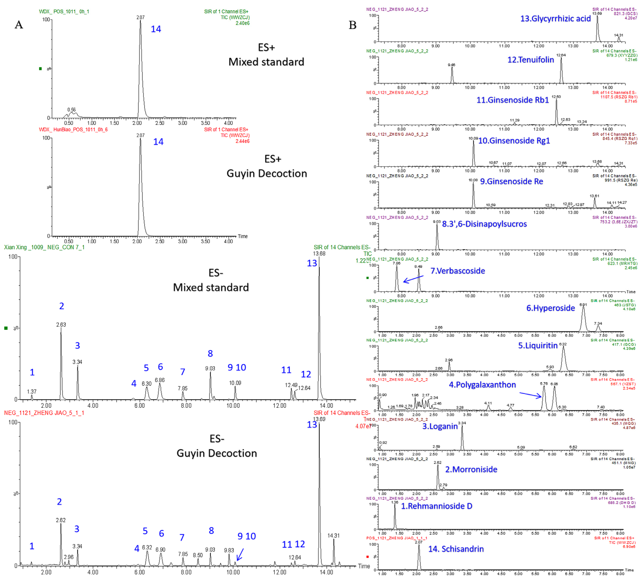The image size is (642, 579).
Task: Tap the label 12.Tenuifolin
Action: pos(530,60)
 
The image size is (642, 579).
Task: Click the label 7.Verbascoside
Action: pos(458,271)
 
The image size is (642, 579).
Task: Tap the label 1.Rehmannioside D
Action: pos(436,506)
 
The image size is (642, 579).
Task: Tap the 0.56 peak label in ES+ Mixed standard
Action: pos(72,110)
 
